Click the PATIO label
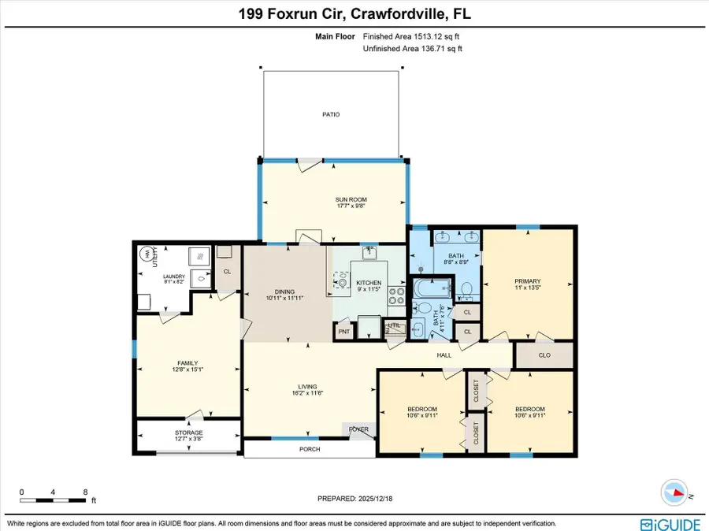tap(331, 114)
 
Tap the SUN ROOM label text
tap(351, 199)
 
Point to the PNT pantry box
tap(343, 332)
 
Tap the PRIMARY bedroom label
tap(527, 281)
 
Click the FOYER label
tap(359, 429)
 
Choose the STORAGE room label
tap(188, 433)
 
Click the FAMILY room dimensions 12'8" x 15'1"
tap(188, 371)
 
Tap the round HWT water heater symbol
tap(146, 254)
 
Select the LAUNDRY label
tap(173, 276)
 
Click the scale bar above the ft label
tap(53, 499)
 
